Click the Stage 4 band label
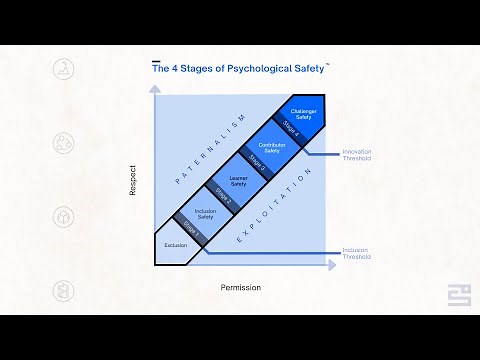click(290, 127)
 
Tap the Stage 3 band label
click(256, 162)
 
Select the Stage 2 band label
click(224, 195)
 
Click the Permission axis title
click(240, 288)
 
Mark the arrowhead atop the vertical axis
click(154, 89)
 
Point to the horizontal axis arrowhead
click(333, 266)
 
